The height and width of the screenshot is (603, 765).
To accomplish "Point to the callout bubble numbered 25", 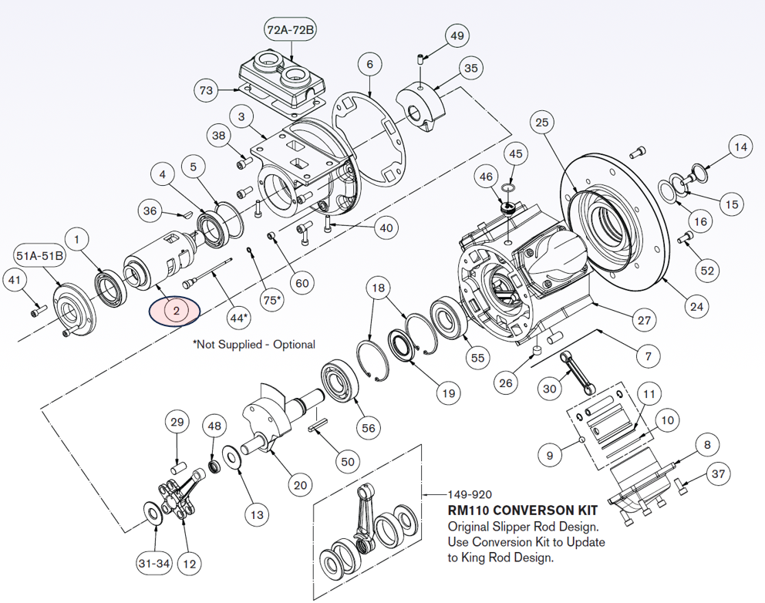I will click(542, 122).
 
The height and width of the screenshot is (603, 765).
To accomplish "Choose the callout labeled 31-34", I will click(153, 564).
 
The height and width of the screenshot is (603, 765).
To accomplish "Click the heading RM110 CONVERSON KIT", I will click(522, 510).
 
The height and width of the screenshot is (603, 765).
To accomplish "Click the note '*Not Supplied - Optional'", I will click(254, 345).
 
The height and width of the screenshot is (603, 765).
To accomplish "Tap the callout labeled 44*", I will click(239, 317).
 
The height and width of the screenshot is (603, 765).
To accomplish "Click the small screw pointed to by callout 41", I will click(35, 311).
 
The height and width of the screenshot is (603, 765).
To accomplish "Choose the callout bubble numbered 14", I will click(741, 147).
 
